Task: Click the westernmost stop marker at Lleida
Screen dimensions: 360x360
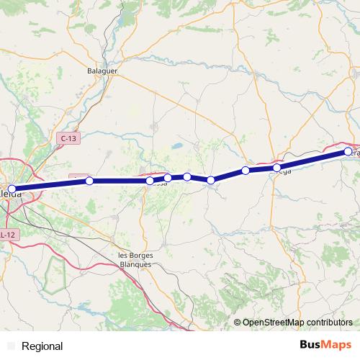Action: click(x=12, y=189)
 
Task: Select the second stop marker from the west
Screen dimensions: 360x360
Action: click(x=89, y=181)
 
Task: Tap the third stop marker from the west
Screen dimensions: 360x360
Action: click(x=149, y=181)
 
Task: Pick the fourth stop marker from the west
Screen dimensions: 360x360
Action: click(x=168, y=178)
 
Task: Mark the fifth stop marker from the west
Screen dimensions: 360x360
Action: click(x=187, y=176)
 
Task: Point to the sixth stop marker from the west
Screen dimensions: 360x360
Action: click(x=211, y=180)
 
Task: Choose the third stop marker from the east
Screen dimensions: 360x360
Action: click(x=246, y=171)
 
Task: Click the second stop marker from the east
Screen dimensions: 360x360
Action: click(x=277, y=167)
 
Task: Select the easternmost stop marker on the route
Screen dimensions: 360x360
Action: click(x=348, y=151)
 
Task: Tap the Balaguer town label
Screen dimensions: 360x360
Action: click(x=102, y=71)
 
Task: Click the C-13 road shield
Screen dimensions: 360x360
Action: click(x=68, y=138)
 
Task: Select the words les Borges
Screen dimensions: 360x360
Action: click(x=135, y=256)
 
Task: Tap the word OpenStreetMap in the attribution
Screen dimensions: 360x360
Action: click(x=275, y=323)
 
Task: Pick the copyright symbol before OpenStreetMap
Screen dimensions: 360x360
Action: click(x=238, y=323)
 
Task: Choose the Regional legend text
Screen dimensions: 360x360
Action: click(x=42, y=346)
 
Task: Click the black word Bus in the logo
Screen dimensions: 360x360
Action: click(x=310, y=345)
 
